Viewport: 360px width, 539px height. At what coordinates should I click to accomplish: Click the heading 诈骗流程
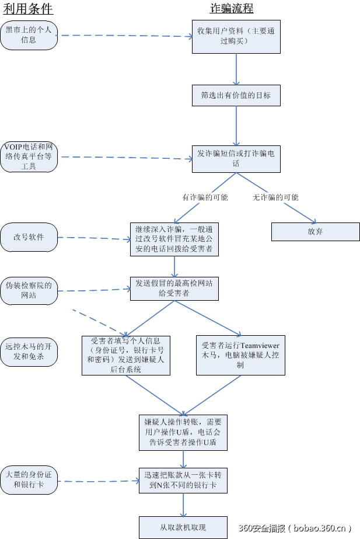click(232, 8)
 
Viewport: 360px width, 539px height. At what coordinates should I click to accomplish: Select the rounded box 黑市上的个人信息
click(29, 36)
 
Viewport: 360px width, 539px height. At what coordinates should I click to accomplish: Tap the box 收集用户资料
click(236, 36)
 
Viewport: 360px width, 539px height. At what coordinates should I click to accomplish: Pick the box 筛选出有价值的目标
click(236, 95)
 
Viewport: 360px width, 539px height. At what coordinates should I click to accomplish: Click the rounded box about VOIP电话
click(29, 157)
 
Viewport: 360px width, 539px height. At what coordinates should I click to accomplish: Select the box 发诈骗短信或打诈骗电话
click(236, 158)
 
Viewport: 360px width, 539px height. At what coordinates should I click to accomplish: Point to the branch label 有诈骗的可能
click(205, 197)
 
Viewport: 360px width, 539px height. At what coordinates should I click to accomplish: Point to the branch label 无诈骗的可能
click(275, 197)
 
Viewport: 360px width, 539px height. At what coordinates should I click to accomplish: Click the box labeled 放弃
click(315, 231)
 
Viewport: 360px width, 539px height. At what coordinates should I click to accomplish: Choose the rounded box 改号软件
click(29, 237)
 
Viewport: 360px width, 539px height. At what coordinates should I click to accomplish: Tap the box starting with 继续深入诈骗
click(174, 239)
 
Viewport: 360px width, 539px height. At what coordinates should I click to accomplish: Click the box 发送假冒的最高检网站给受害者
click(174, 288)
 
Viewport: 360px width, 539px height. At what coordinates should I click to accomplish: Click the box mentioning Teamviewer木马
click(240, 355)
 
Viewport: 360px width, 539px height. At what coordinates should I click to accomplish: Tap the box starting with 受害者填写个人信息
click(126, 355)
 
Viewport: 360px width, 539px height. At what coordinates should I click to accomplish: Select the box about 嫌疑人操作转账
click(183, 433)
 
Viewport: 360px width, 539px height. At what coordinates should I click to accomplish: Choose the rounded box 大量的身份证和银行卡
click(29, 479)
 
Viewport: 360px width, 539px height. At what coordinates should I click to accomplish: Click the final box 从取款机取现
click(183, 527)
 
